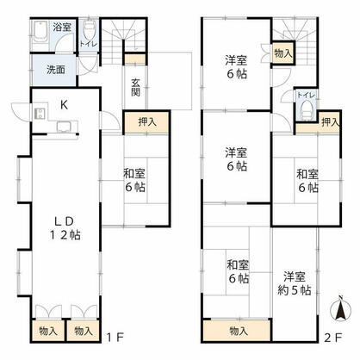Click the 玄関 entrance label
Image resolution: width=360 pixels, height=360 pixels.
click(136, 88)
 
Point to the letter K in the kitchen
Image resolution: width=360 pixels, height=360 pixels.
click(64, 105)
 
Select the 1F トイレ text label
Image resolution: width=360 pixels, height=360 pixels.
click(88, 43)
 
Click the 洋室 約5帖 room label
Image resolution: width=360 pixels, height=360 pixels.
click(295, 283)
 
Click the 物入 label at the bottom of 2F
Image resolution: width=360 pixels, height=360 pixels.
click(239, 331)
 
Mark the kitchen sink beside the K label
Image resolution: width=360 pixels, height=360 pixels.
click(63, 127)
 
